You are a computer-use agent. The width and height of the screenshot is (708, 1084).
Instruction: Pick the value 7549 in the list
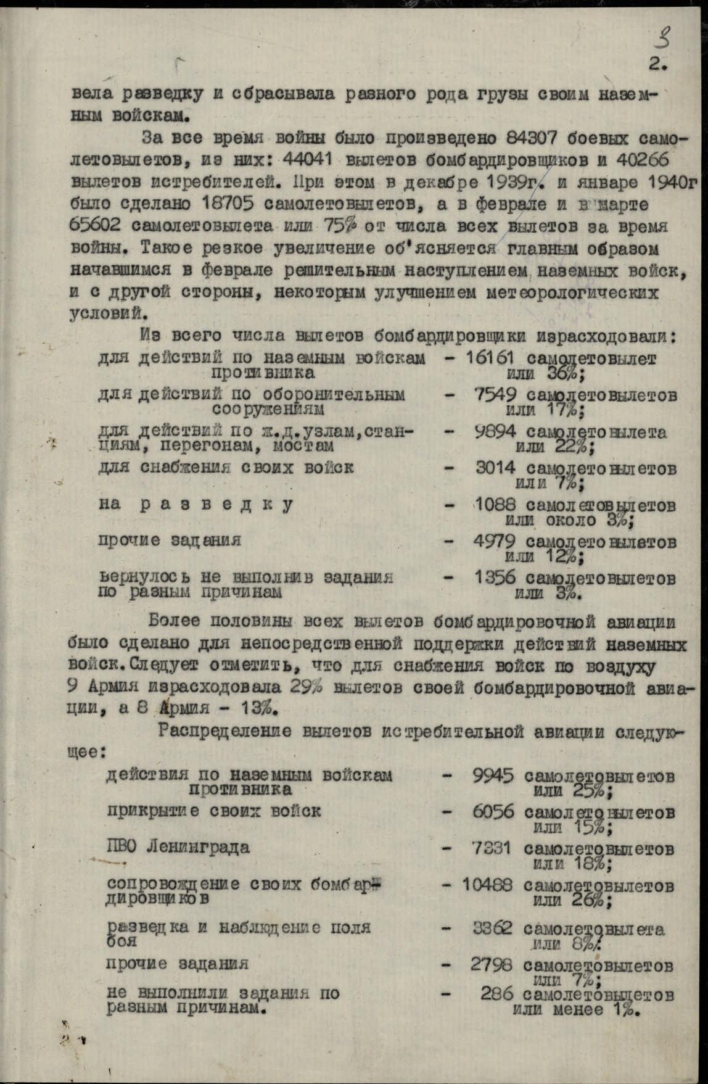(496, 395)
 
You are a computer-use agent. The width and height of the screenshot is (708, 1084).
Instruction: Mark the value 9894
(496, 431)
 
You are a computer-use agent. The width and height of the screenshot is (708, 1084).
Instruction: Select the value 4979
(496, 542)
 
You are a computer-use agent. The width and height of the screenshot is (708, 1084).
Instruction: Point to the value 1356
(495, 579)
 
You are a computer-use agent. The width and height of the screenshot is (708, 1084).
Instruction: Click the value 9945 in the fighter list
(493, 776)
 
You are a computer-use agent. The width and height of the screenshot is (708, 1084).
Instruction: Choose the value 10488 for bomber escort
(487, 885)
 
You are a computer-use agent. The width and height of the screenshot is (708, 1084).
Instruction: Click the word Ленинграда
(197, 846)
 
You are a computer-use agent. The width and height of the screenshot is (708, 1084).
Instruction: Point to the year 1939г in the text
(507, 181)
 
